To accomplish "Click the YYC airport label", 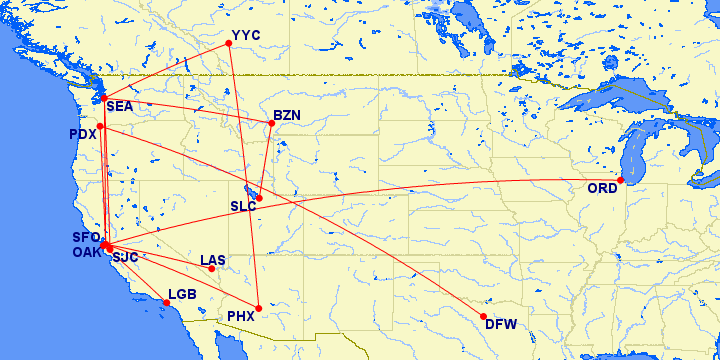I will click(246, 35).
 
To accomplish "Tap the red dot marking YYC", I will click(230, 43).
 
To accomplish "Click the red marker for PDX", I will click(100, 126).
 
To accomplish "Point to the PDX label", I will click(82, 134).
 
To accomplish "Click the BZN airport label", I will click(287, 116).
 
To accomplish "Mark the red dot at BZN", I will click(271, 123).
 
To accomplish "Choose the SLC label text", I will click(243, 207).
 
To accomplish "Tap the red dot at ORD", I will click(621, 180).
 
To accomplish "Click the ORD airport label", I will click(602, 189).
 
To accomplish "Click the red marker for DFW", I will click(484, 316).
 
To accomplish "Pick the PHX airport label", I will click(241, 316).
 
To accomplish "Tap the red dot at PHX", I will click(258, 308).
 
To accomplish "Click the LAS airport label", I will click(213, 260).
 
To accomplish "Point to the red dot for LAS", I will click(211, 269).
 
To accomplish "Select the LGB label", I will click(183, 294).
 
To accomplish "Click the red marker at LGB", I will click(166, 302).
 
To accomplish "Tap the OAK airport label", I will click(86, 252).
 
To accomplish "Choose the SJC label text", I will click(125, 257).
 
